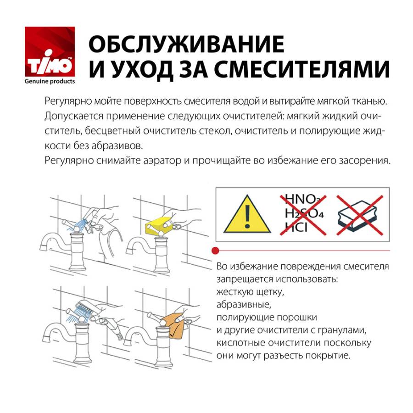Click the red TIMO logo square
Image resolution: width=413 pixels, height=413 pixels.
click(49, 52)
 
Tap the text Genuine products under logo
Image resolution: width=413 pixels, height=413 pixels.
click(49, 81)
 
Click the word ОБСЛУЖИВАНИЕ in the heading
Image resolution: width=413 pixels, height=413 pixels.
click(186, 45)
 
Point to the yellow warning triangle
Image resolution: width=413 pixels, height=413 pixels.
click(247, 214)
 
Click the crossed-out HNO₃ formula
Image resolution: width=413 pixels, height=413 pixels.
click(302, 199)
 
